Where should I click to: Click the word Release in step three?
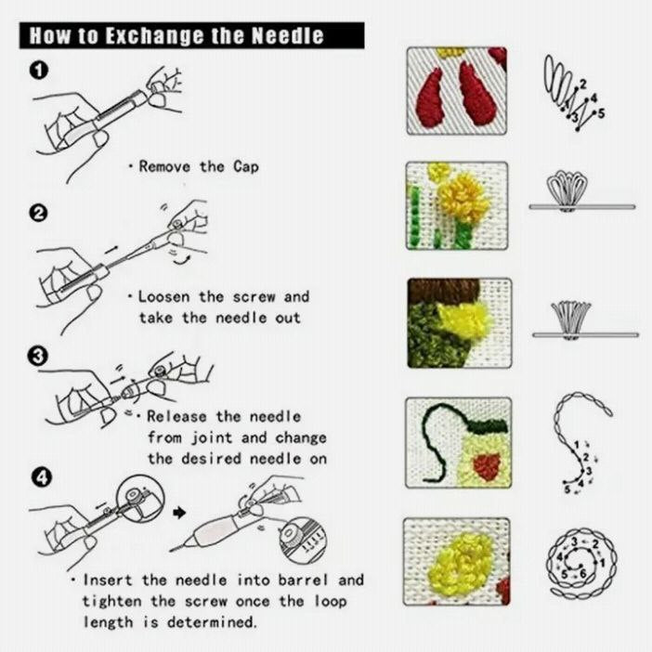click(x=178, y=417)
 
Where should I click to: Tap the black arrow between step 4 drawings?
click(x=180, y=512)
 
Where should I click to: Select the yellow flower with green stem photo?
click(x=458, y=205)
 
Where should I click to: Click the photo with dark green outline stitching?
click(x=458, y=442)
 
